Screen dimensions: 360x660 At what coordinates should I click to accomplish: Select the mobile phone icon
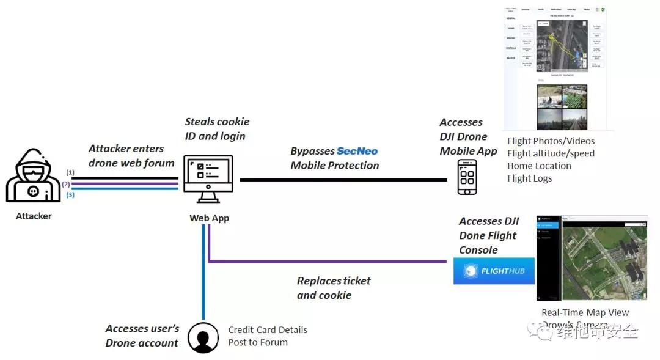pyautogui.click(x=468, y=177)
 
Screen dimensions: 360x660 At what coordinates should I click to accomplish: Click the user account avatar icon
pyautogui.click(x=203, y=337)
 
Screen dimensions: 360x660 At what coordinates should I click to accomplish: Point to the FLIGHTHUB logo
pyautogui.click(x=494, y=271)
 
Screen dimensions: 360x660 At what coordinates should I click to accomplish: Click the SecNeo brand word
pyautogui.click(x=358, y=151)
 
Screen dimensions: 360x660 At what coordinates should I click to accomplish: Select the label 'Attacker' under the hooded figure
pyautogui.click(x=34, y=216)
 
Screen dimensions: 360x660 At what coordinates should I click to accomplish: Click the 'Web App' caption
pyautogui.click(x=209, y=218)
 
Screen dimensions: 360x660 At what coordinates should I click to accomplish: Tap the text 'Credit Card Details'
pyautogui.click(x=268, y=330)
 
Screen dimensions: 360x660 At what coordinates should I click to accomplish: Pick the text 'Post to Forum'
pyautogui.click(x=258, y=342)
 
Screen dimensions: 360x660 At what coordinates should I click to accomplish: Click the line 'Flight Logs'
pyautogui.click(x=529, y=178)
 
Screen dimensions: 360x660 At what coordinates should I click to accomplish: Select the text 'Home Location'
pyautogui.click(x=539, y=166)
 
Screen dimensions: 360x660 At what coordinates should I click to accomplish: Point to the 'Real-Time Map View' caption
pyautogui.click(x=585, y=312)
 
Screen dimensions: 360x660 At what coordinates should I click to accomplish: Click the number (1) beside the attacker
pyautogui.click(x=70, y=172)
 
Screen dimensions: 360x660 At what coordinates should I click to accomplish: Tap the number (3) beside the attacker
pyautogui.click(x=70, y=194)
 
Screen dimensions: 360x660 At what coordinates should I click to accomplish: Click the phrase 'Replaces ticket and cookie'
pyautogui.click(x=334, y=288)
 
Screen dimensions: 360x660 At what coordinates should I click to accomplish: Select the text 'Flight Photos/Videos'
pyautogui.click(x=551, y=141)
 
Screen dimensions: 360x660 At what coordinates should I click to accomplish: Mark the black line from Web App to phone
pyautogui.click(x=342, y=180)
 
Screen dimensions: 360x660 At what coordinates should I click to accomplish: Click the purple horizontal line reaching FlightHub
pyautogui.click(x=330, y=262)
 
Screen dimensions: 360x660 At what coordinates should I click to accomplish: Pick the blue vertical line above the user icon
pyautogui.click(x=204, y=275)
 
